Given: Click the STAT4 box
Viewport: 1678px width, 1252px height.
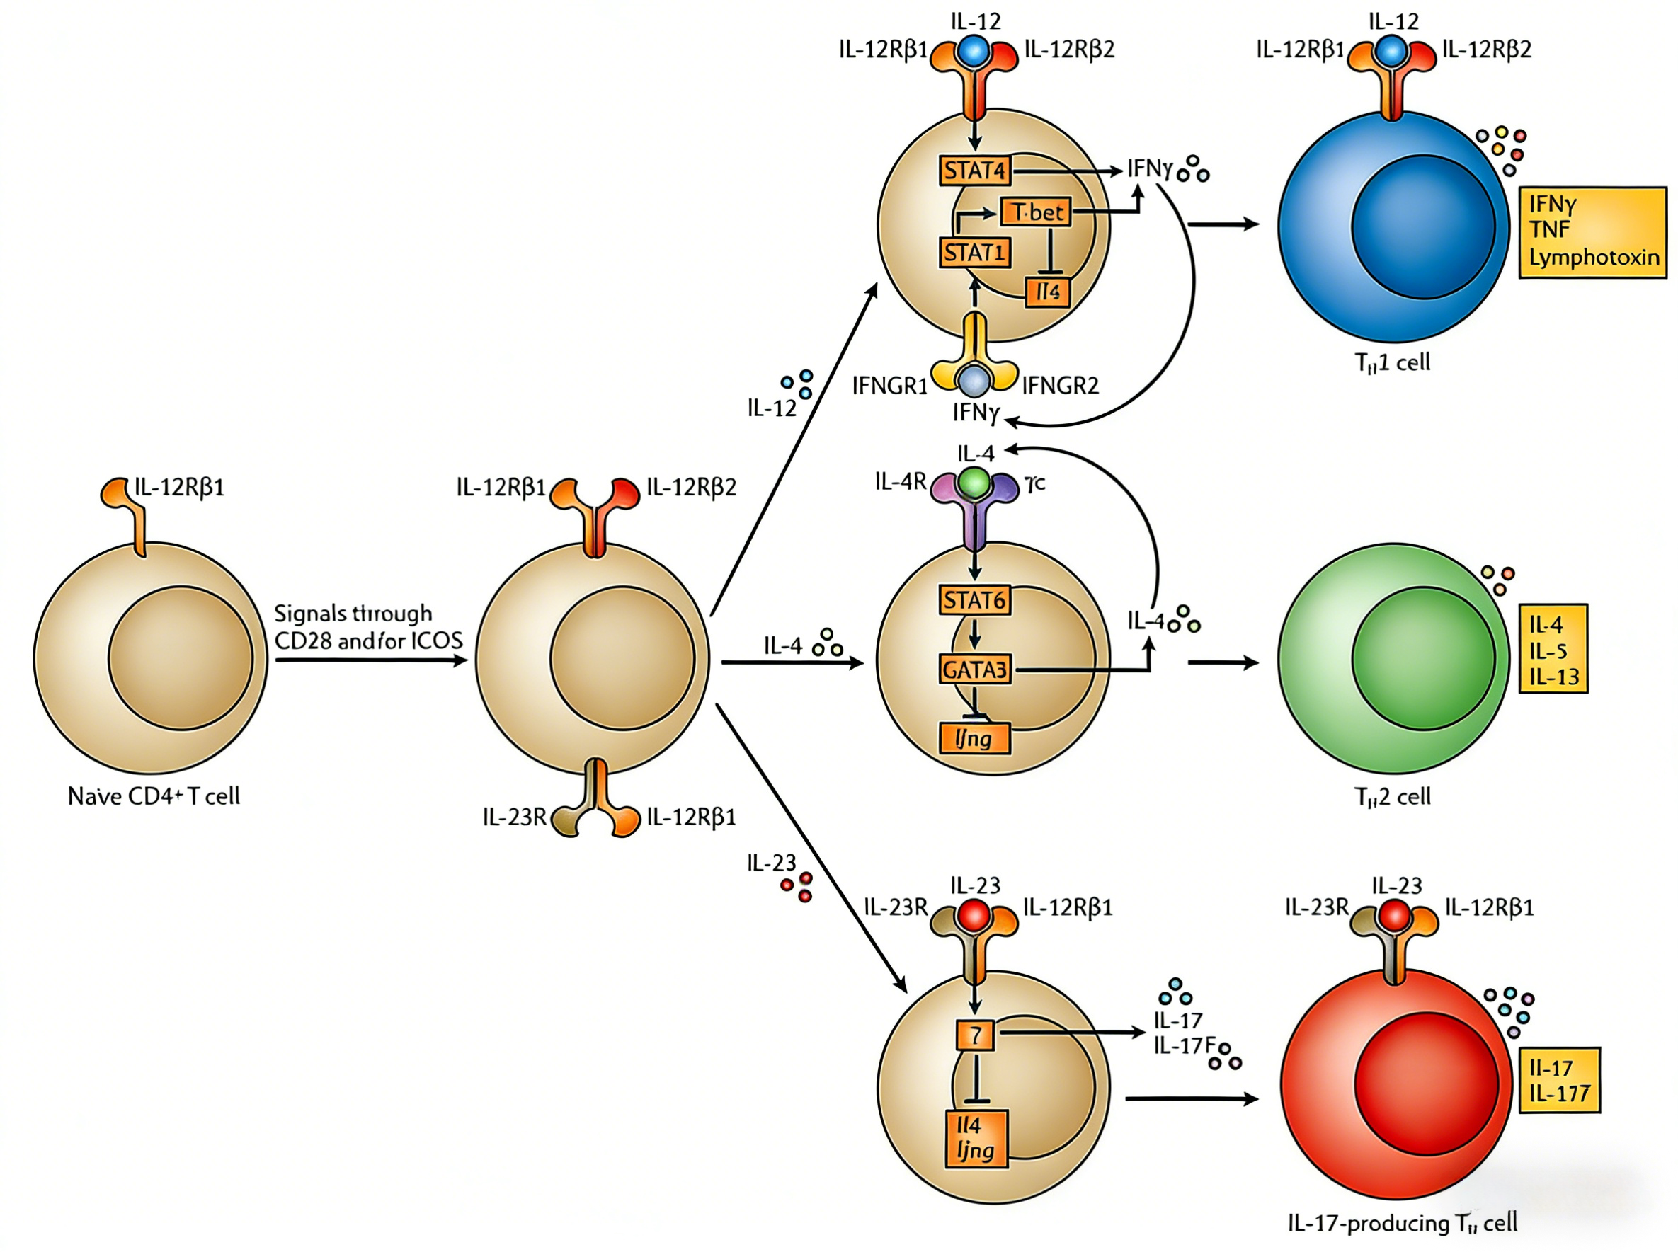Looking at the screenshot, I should (x=974, y=171).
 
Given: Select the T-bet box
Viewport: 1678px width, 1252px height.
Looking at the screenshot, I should (x=1036, y=212).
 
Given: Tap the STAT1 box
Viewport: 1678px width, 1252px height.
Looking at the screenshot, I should (x=974, y=253).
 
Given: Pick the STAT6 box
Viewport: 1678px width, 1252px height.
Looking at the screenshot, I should (x=974, y=600).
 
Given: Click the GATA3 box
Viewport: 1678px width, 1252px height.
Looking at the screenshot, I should (x=974, y=670).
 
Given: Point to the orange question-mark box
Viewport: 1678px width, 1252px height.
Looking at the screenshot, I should (x=975, y=1035).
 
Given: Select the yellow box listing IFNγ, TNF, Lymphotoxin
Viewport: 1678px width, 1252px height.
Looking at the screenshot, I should (x=1592, y=232).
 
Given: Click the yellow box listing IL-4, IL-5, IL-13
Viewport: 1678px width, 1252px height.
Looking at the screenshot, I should (x=1553, y=649).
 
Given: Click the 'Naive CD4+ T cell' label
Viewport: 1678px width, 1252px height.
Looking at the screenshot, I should (x=154, y=796).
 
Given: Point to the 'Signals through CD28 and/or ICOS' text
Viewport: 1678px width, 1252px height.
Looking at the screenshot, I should (x=367, y=627).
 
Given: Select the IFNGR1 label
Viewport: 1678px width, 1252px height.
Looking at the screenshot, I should (x=889, y=386).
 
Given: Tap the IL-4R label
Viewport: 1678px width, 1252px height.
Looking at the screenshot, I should (x=900, y=481).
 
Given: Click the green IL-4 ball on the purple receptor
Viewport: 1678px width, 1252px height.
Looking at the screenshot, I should (x=974, y=482).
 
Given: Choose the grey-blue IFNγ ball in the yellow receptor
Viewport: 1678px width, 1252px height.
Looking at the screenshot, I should (x=974, y=381).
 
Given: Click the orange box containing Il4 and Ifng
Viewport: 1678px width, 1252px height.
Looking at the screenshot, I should (x=975, y=1138).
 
